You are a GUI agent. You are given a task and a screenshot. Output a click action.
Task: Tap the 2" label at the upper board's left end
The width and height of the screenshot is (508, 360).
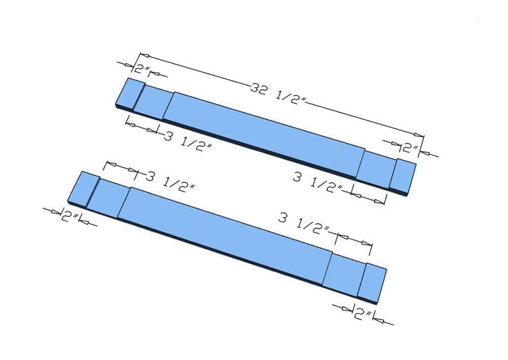pos(141,69)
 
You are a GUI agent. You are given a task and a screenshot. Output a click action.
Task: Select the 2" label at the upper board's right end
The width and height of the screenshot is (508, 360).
pos(410,147)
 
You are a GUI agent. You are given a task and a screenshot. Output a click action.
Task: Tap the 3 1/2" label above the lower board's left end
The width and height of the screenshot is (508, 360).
pos(171,182)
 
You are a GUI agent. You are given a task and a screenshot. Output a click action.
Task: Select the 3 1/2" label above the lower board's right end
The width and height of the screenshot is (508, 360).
pos(304,224)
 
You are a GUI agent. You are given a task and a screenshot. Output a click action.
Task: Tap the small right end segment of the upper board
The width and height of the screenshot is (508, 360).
pos(403,176)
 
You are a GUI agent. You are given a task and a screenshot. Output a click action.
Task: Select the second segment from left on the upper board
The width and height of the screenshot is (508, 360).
pos(153,101)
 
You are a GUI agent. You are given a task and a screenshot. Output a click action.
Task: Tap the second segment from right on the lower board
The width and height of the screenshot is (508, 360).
pos(344,274)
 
